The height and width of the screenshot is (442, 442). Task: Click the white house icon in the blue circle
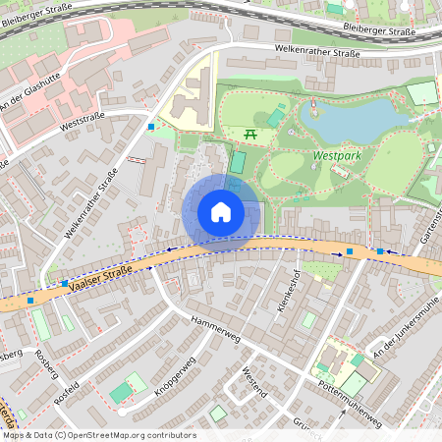[x=221, y=211]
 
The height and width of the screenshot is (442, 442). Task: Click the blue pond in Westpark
[x=354, y=122]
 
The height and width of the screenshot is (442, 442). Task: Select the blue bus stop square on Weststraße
[x=151, y=127]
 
